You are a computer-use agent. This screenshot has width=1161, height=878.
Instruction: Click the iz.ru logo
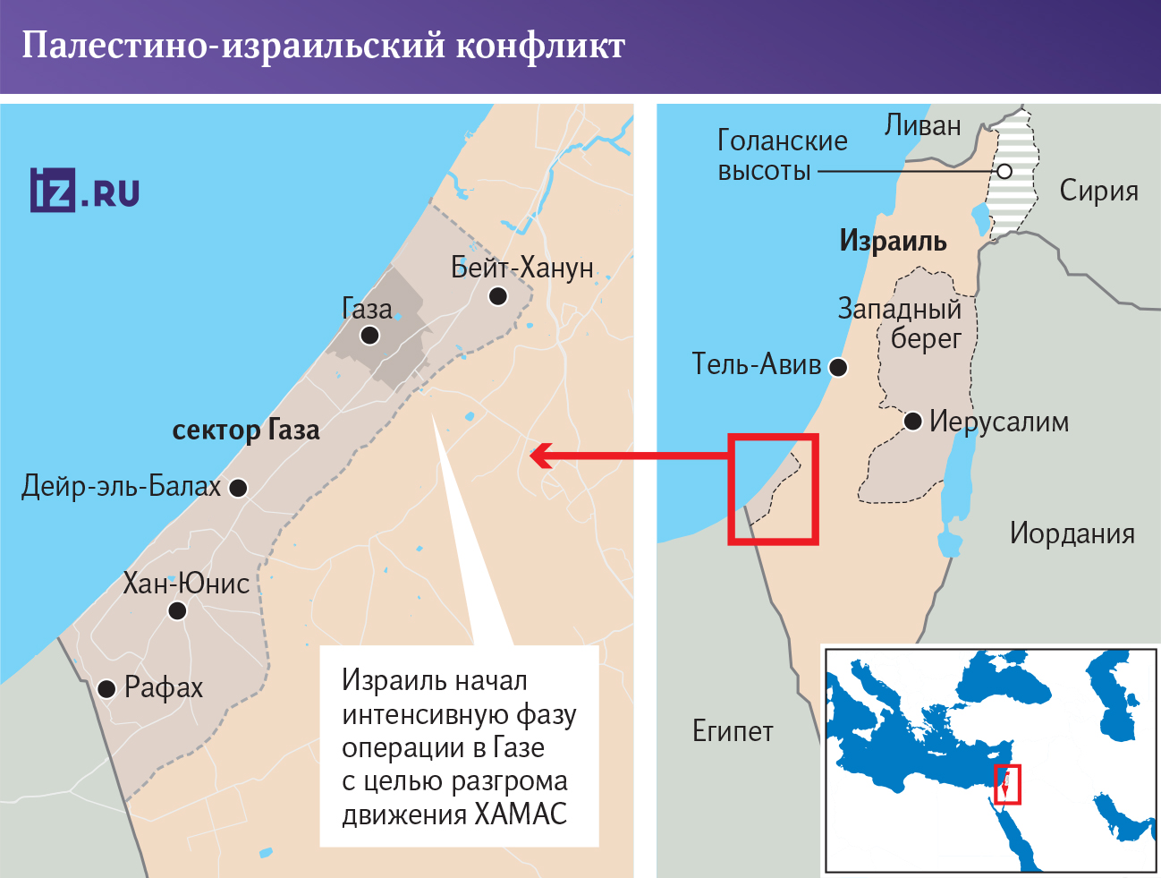point(85,191)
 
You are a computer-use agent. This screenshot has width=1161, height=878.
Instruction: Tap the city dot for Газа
point(369,336)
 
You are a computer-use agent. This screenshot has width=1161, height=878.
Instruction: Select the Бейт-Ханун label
point(522,268)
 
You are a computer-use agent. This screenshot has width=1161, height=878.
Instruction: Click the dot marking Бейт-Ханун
point(498,295)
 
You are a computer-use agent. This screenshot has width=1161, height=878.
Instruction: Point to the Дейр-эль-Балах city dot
point(238,488)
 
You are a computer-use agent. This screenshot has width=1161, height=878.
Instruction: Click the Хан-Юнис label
point(186,584)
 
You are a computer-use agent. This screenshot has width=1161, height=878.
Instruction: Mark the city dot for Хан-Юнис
point(177,610)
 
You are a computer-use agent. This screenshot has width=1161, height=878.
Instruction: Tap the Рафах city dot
point(107,688)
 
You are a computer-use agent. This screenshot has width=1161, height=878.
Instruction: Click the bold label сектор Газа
point(246,430)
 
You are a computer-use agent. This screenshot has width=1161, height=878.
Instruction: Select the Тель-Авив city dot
point(838,367)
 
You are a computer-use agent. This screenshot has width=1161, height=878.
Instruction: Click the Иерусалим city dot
point(913,421)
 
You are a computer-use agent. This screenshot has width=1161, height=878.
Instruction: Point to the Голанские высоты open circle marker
point(1004,171)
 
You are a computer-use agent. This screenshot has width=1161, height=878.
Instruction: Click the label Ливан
point(923,125)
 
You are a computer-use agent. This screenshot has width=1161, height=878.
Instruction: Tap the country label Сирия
point(1098,191)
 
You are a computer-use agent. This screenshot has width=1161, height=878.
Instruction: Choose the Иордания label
point(1072,533)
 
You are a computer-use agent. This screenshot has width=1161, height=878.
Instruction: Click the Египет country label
point(733,731)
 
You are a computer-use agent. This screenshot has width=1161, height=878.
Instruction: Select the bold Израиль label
point(893,241)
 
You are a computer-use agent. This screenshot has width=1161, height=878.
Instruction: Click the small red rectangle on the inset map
point(1007,785)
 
